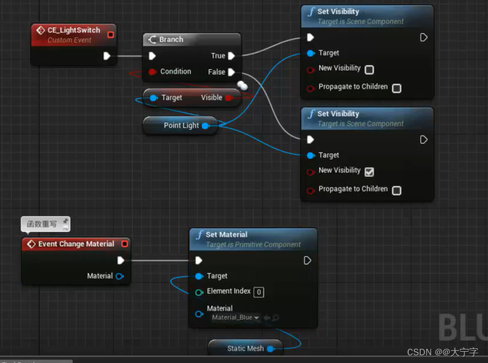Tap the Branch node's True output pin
point(232,56)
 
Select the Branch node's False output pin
point(232,72)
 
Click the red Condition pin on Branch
point(153,72)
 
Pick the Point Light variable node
point(181,126)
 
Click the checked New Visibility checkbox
point(370,172)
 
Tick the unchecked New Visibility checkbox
point(370,70)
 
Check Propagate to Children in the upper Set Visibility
point(397,88)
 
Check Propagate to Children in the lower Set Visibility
point(397,190)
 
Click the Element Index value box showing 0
point(259,292)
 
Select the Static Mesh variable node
point(245,348)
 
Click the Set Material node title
point(226,235)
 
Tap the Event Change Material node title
point(76,244)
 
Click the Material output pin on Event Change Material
point(120,276)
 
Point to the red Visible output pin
point(229,98)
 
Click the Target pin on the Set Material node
point(199,276)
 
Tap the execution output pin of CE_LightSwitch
point(107,56)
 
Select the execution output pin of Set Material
point(307,260)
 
